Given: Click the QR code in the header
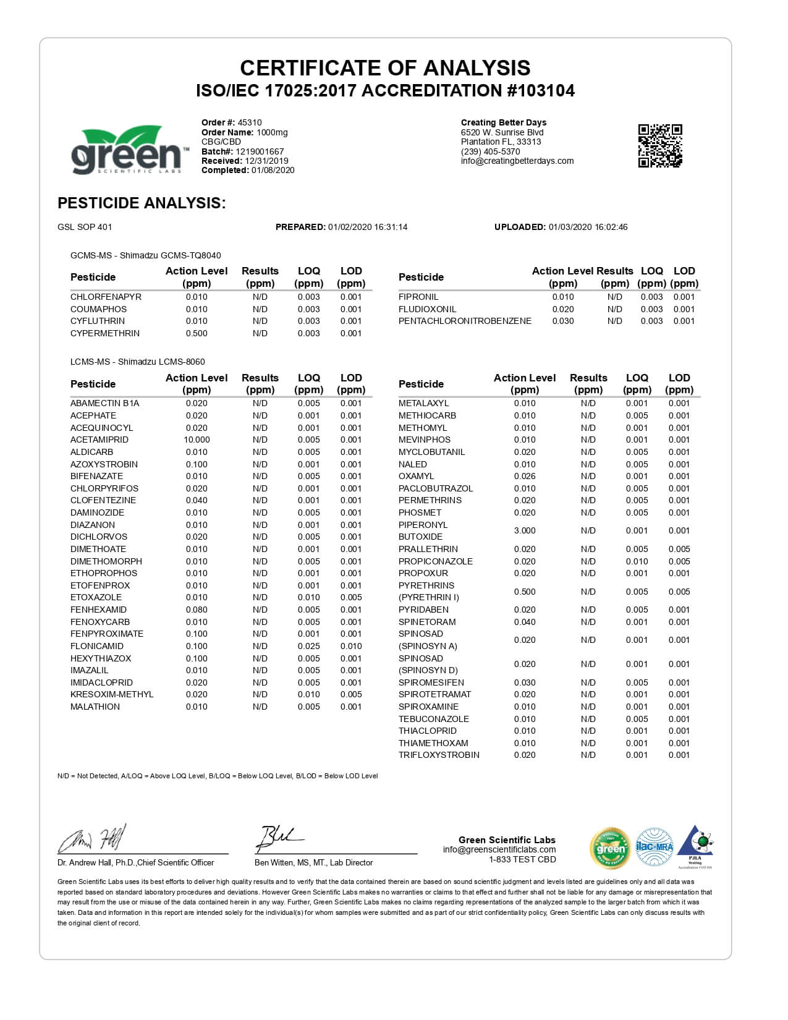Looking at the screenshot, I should point(659,146).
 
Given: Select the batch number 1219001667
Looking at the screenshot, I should point(260,151).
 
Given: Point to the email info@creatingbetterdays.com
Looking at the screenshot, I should point(517,161).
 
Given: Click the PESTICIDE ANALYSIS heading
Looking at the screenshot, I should point(142,203).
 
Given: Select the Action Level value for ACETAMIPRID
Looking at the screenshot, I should point(197,440).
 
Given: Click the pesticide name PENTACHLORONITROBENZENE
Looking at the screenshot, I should point(465,321).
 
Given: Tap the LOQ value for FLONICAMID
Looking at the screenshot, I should point(308,646).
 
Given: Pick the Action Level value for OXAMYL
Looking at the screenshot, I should point(525,476).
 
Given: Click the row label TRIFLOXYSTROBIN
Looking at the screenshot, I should point(439,755).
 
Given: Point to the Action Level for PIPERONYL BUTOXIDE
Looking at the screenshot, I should point(525,530).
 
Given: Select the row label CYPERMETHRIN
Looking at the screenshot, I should point(105,333).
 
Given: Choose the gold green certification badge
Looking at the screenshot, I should point(611,847).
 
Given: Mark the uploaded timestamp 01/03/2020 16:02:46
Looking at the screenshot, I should point(588,227).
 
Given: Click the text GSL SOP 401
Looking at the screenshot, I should point(85,227).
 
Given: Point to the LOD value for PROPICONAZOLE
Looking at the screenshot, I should point(679,561).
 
